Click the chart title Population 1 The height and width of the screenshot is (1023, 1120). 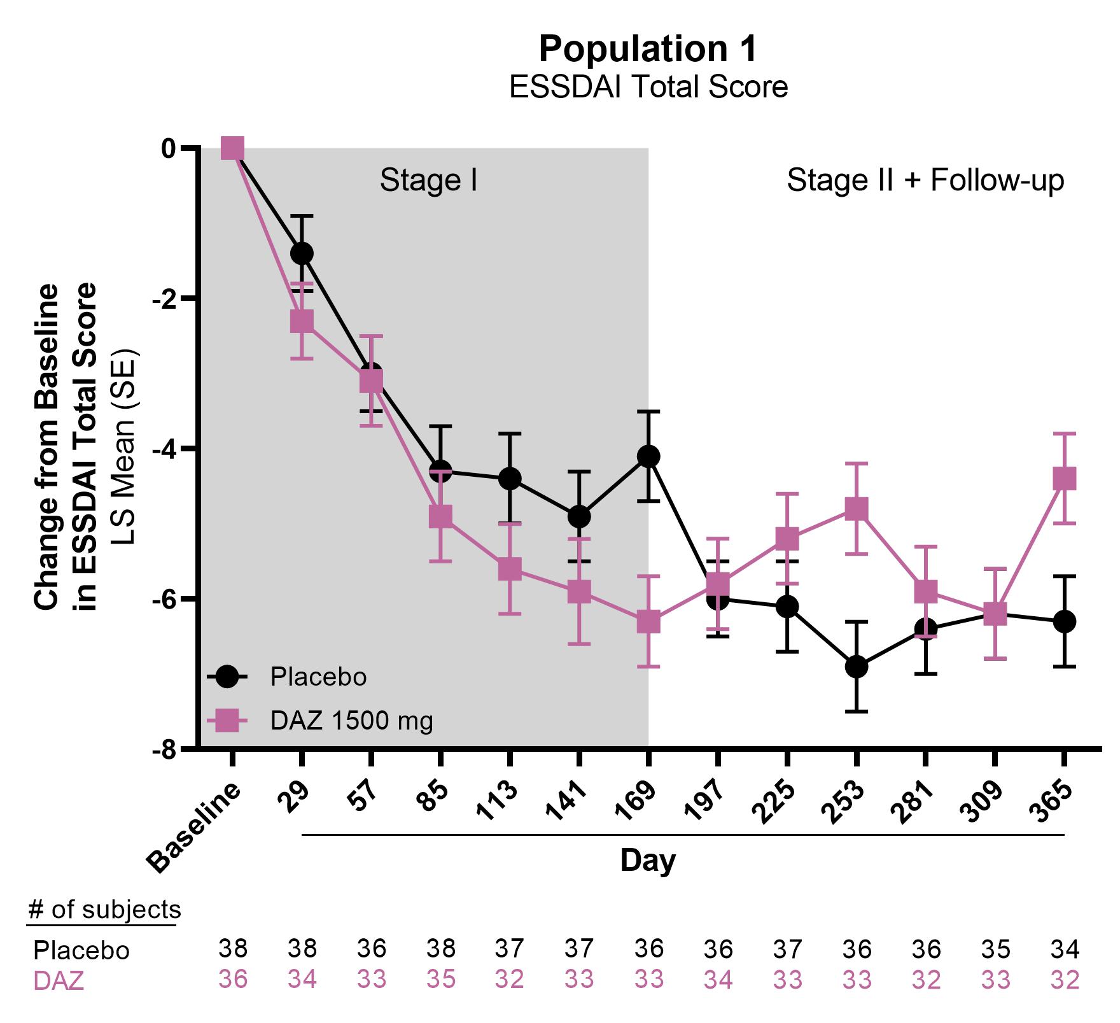(x=648, y=48)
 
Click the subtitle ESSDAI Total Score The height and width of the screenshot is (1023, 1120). (x=648, y=87)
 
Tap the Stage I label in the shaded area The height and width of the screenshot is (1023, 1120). (x=428, y=181)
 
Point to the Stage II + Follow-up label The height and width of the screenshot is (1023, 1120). (x=925, y=181)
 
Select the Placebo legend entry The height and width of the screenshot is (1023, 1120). (x=318, y=677)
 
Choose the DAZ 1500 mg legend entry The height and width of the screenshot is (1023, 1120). (x=351, y=721)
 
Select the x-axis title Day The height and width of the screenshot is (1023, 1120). (x=648, y=861)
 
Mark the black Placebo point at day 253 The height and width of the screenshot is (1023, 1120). (x=857, y=667)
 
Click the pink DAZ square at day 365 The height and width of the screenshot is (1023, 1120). (x=1064, y=478)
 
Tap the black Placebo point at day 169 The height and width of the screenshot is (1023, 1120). (x=648, y=456)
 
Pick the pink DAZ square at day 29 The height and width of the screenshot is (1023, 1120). (x=302, y=321)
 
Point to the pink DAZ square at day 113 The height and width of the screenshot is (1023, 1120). (x=510, y=568)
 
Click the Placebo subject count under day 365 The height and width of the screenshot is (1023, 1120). (x=1065, y=950)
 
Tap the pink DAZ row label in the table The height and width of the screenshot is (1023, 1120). (x=59, y=982)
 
